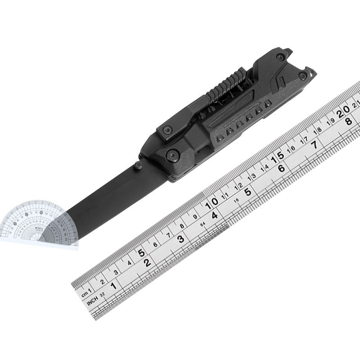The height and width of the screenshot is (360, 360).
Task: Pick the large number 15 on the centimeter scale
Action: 277,157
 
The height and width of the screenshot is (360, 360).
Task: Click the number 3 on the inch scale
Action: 180,239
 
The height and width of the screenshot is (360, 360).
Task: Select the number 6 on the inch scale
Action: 281,169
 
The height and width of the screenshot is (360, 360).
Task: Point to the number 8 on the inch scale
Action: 348,121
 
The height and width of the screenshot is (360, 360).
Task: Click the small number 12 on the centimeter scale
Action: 238,185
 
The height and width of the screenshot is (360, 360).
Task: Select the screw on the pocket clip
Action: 165,130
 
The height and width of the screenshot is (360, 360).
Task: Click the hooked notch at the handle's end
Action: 307,72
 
